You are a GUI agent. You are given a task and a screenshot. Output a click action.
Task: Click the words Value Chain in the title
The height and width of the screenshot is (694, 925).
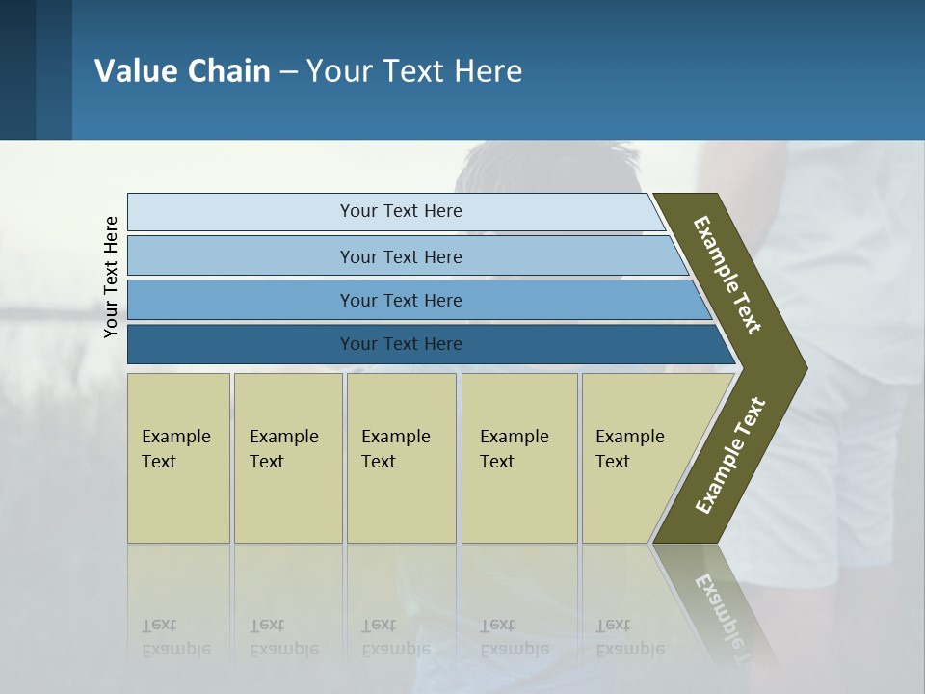point(182,71)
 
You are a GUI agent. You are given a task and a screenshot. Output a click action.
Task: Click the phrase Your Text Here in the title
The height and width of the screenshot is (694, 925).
point(414,71)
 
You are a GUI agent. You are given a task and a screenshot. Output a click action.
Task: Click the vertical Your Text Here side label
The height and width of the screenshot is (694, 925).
point(111,278)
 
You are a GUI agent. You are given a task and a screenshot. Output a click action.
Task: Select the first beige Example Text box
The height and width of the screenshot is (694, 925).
point(178,458)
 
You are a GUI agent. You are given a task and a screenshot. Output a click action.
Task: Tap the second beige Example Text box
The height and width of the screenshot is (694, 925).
point(287,458)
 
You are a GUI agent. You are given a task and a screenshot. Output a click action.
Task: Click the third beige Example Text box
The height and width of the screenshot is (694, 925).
point(401,458)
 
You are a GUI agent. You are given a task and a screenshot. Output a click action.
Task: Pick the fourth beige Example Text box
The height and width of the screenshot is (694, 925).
point(518,458)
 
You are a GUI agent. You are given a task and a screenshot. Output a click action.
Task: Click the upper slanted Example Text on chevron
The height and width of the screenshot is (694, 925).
point(727,275)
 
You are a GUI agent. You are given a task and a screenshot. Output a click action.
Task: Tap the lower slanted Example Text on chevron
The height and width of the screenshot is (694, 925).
point(730,456)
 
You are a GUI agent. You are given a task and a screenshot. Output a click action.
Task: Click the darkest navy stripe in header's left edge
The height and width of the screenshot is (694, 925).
point(17,69)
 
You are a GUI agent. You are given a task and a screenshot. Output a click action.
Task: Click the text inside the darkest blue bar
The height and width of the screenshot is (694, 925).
point(401,344)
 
